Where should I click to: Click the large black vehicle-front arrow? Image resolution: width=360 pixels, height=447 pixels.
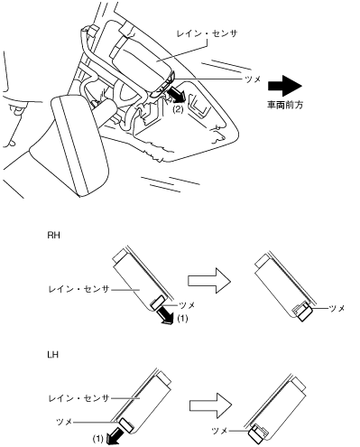tap(285, 86)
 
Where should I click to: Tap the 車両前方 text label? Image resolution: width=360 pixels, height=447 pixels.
tap(285, 105)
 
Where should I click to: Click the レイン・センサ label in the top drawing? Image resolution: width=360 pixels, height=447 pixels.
tap(208, 33)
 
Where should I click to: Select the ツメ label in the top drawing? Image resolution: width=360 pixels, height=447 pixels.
tap(253, 79)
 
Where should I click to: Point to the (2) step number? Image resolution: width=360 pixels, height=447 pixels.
tap(178, 109)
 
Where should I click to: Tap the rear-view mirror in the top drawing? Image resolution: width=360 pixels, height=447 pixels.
tap(79, 146)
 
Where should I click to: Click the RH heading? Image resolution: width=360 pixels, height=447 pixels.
tap(53, 235)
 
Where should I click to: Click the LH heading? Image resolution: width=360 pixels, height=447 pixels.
tap(53, 355)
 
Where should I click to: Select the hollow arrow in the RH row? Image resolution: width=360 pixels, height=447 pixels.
tap(209, 281)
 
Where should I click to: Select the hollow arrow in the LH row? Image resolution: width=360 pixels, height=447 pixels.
tap(210, 405)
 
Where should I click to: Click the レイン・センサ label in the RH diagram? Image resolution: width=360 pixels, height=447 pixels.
tap(78, 289)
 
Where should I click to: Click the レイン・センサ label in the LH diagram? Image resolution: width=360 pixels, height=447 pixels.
tap(78, 398)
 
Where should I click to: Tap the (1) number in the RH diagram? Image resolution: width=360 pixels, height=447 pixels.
tap(182, 318)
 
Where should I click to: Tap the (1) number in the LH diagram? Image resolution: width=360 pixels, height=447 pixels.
tap(98, 439)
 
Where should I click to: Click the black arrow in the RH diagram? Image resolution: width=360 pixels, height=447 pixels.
tap(165, 315)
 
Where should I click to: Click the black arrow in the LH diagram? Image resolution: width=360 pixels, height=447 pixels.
tap(115, 435)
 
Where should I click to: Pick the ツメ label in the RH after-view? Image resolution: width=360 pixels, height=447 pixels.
tap(337, 308)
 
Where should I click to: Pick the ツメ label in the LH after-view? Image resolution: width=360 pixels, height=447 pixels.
tap(219, 431)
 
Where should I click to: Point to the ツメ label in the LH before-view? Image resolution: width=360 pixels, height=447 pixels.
tap(64, 422)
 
